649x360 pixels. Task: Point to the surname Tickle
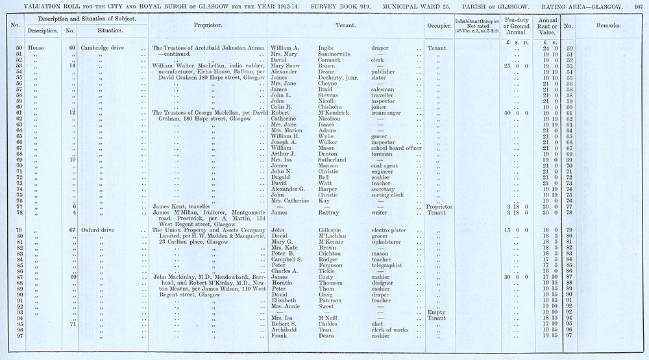(327, 270)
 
